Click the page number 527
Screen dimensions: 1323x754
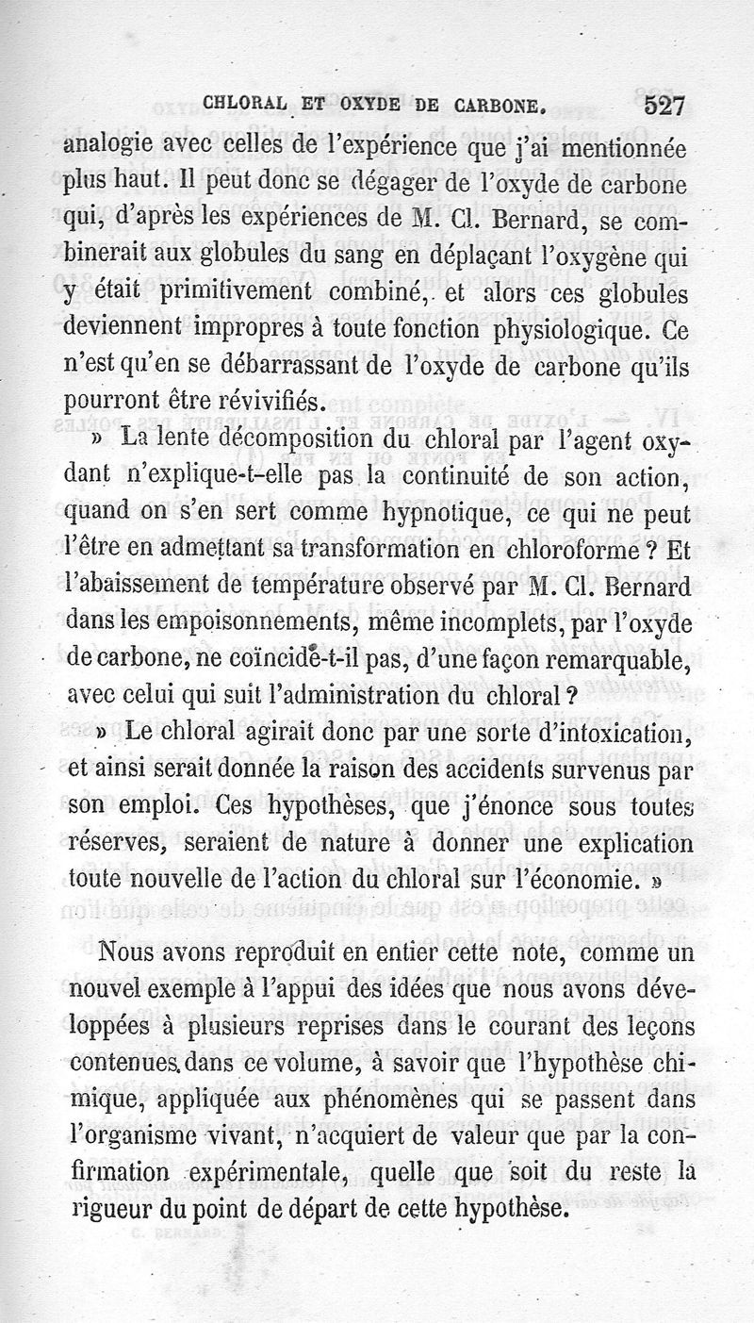click(656, 106)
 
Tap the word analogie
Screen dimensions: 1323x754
click(108, 146)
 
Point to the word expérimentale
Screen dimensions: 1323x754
click(265, 1173)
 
